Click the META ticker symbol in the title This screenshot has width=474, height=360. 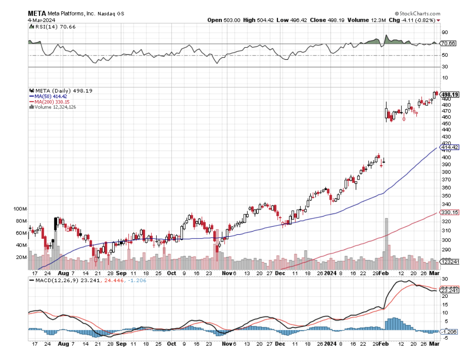pyautogui.click(x=37, y=13)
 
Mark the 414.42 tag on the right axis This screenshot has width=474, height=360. pyautogui.click(x=450, y=147)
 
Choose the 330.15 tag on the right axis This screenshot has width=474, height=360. pyautogui.click(x=450, y=212)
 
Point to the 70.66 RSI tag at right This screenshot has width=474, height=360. pyautogui.click(x=447, y=43)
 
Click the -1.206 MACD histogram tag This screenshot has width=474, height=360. pyautogui.click(x=449, y=332)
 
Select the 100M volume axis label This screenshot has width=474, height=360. pyautogui.click(x=20, y=209)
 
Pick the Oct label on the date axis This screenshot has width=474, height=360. pyautogui.click(x=171, y=344)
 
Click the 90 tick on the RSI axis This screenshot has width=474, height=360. pyautogui.click(x=445, y=32)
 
